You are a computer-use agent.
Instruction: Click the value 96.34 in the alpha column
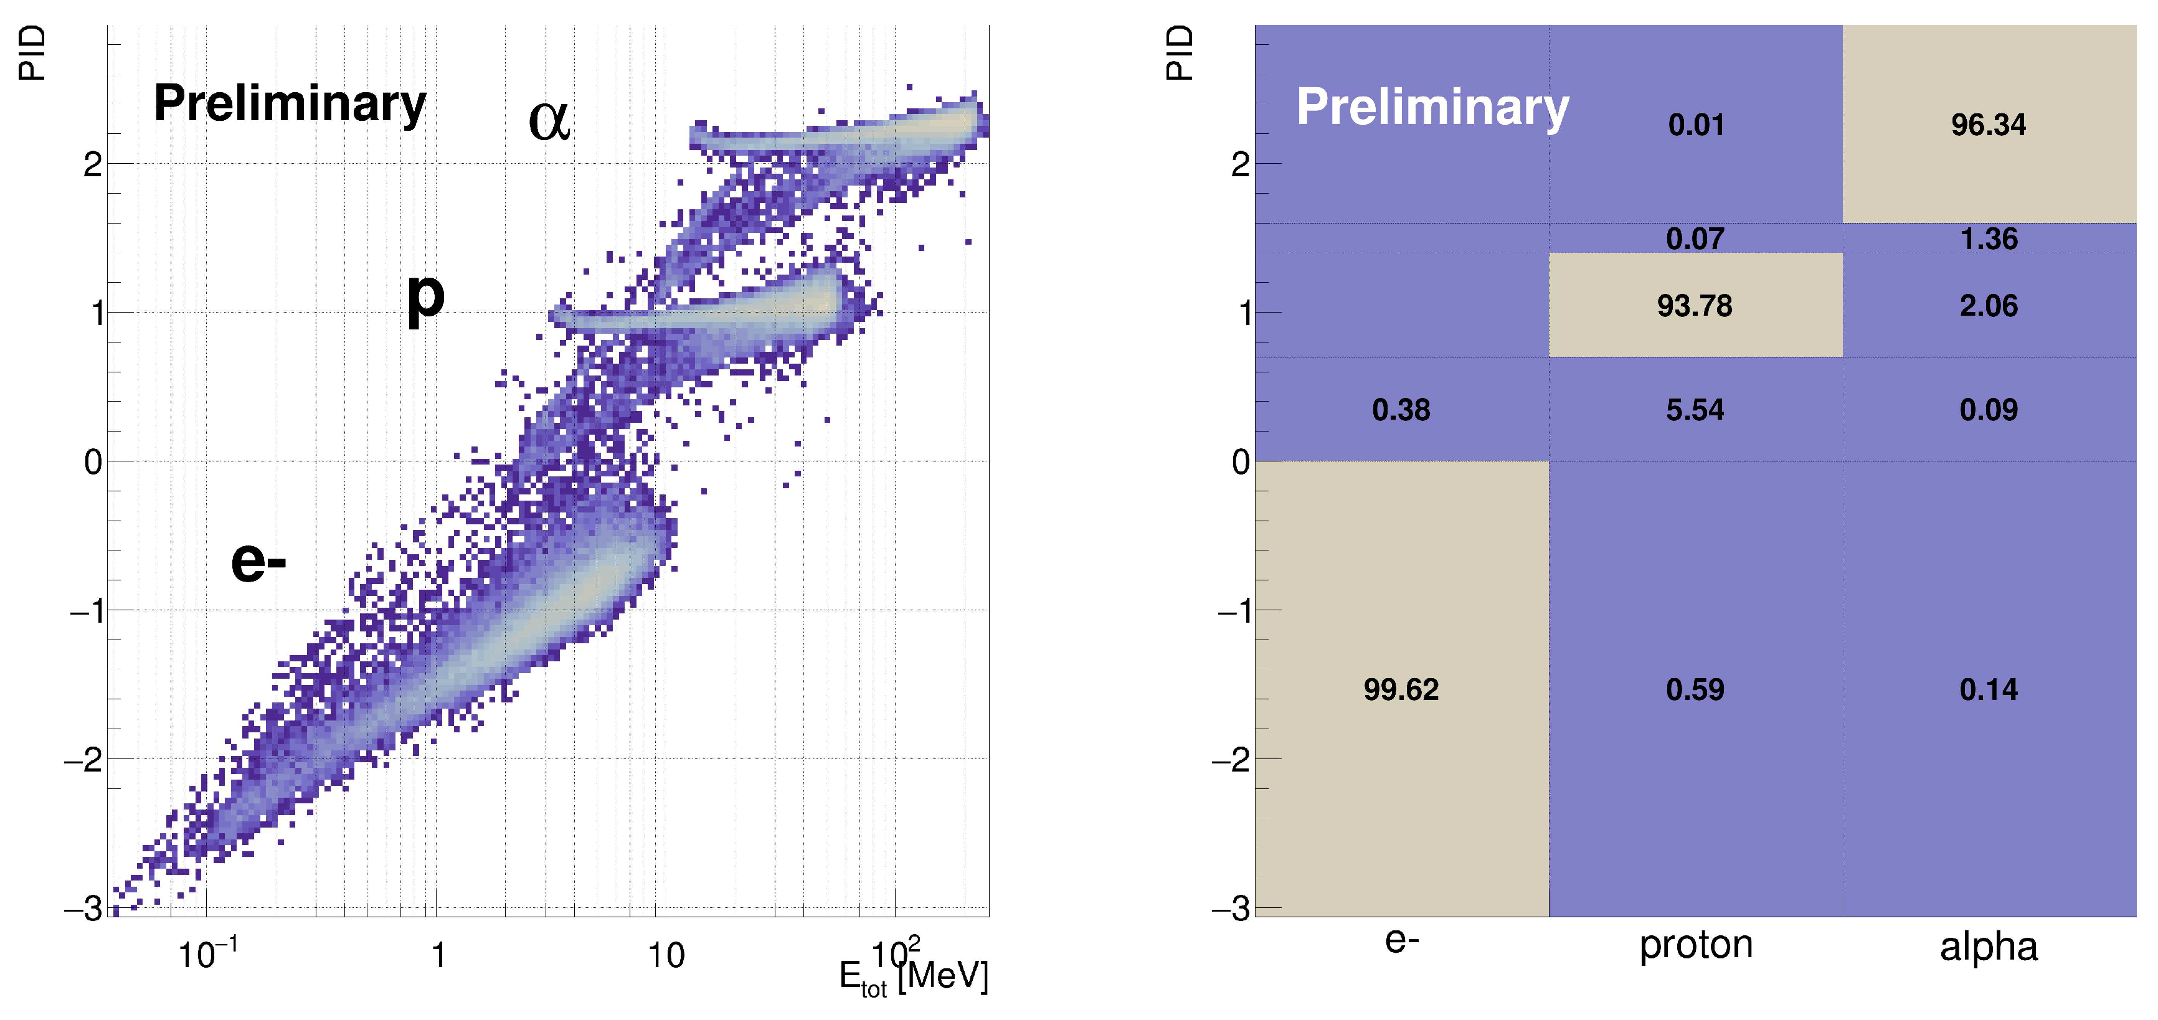pos(1988,125)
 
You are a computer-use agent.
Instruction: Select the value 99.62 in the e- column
pos(1401,689)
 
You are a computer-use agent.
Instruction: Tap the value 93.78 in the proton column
pos(1694,306)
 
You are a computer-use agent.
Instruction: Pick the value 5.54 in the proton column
pos(1694,410)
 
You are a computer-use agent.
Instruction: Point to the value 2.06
pos(1988,306)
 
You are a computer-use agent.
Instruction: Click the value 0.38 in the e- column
pos(1401,410)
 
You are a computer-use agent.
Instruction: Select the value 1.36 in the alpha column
pos(1988,238)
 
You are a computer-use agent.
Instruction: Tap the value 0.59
pos(1694,689)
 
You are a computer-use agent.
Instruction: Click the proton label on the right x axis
pos(1695,945)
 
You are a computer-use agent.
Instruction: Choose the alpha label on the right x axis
pos(1988,947)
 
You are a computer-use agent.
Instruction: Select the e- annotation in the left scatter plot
pos(258,561)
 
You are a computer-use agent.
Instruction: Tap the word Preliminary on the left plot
pos(290,104)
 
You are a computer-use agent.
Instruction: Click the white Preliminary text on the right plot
pos(1432,107)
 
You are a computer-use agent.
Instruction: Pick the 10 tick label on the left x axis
pos(666,955)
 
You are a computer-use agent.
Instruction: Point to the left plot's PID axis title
pos(32,53)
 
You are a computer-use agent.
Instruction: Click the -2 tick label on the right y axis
pos(1234,760)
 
